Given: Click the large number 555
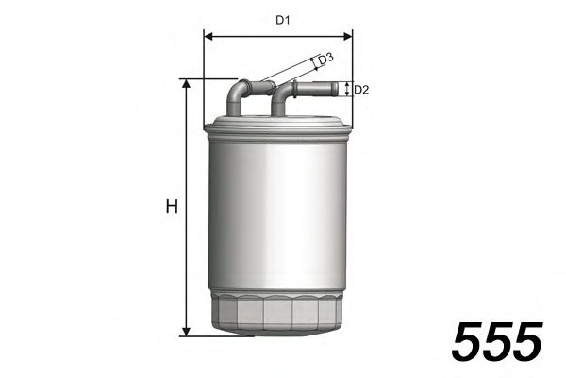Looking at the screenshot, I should pos(497,340).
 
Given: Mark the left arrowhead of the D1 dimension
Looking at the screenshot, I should pos(208,38).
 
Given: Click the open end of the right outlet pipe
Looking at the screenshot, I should pos(338,90).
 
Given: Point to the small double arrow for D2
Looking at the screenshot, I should pos(348,90).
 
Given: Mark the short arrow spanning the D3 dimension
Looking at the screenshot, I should pos(314,64).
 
